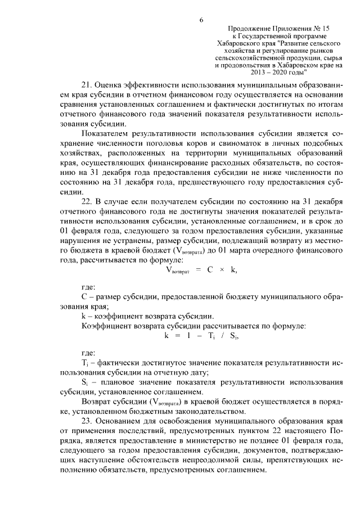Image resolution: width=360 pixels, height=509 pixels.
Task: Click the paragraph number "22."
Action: pyautogui.click(x=88, y=201)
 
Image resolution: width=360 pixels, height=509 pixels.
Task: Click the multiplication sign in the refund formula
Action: pyautogui.click(x=223, y=269)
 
